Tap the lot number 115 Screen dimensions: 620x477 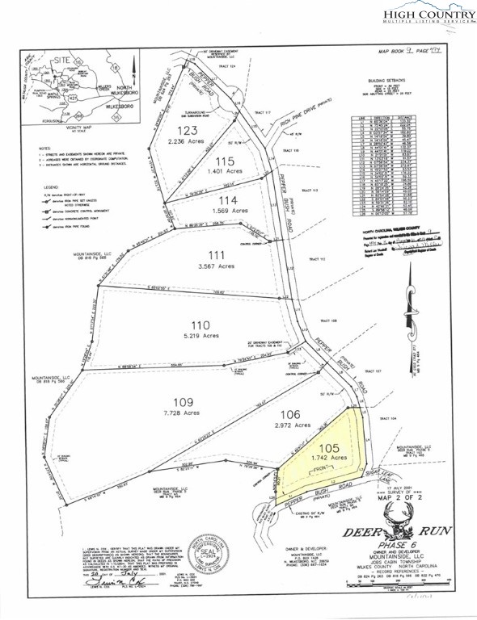coord(225,161)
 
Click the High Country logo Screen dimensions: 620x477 coord(423,15)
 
